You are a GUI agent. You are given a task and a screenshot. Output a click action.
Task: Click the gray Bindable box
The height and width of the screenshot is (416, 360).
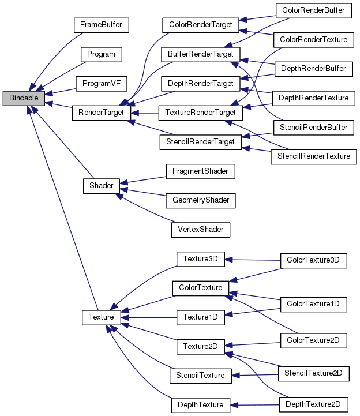pos(24,98)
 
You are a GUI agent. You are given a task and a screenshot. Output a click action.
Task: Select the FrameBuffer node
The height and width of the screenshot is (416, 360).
pos(101,25)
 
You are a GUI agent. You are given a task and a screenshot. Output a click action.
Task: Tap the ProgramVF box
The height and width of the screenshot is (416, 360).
pos(101,83)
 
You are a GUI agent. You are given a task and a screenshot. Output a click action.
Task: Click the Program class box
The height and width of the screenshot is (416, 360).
pos(101,54)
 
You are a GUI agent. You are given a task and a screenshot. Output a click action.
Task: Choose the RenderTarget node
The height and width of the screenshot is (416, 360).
pos(101,113)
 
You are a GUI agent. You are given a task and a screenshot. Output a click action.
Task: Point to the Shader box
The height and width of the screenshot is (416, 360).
pos(101,185)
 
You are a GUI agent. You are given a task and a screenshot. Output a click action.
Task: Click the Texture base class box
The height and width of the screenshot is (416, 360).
pos(101,317)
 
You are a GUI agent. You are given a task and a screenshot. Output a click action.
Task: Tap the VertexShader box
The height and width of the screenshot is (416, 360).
pos(200,229)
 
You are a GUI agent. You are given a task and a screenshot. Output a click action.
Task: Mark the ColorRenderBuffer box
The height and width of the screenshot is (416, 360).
pos(313,10)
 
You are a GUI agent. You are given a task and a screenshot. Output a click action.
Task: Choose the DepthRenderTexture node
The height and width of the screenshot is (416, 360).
pos(313,98)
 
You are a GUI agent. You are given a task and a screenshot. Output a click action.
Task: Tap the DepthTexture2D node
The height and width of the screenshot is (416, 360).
pos(313,404)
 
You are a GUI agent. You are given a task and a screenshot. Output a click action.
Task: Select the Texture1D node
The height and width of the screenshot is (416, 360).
pos(200,317)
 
